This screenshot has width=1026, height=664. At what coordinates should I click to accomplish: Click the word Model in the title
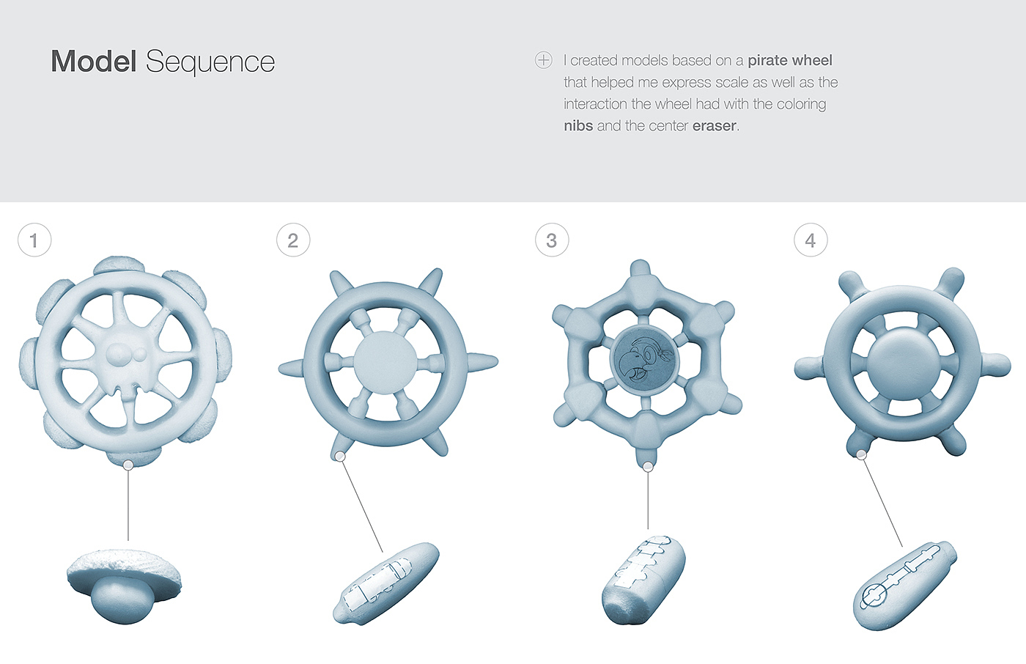(x=94, y=61)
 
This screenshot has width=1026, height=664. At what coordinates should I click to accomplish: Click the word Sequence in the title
(x=210, y=63)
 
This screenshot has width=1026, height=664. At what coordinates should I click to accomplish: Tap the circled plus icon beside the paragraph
(x=543, y=60)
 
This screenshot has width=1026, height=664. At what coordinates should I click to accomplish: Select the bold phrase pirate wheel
(x=790, y=60)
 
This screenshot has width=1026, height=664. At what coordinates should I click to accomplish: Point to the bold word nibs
(x=578, y=125)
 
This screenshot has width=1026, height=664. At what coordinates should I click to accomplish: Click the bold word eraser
(x=715, y=126)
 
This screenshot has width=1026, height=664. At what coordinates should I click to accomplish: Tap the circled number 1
(x=34, y=240)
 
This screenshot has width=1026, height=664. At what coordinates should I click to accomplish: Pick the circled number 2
(x=293, y=240)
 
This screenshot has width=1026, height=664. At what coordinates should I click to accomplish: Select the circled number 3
(x=552, y=240)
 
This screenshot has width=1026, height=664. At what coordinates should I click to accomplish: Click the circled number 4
(x=811, y=240)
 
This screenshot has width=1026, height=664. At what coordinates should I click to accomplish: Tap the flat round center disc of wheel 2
(x=385, y=363)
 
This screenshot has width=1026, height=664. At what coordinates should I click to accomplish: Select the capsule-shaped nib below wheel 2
(x=386, y=583)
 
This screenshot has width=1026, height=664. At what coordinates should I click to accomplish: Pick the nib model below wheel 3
(x=643, y=580)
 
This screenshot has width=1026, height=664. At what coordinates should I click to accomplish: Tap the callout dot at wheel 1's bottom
(x=128, y=465)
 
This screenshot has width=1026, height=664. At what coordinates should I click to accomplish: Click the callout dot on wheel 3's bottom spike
(x=648, y=467)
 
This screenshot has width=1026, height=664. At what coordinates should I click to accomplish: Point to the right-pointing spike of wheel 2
(x=482, y=362)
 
